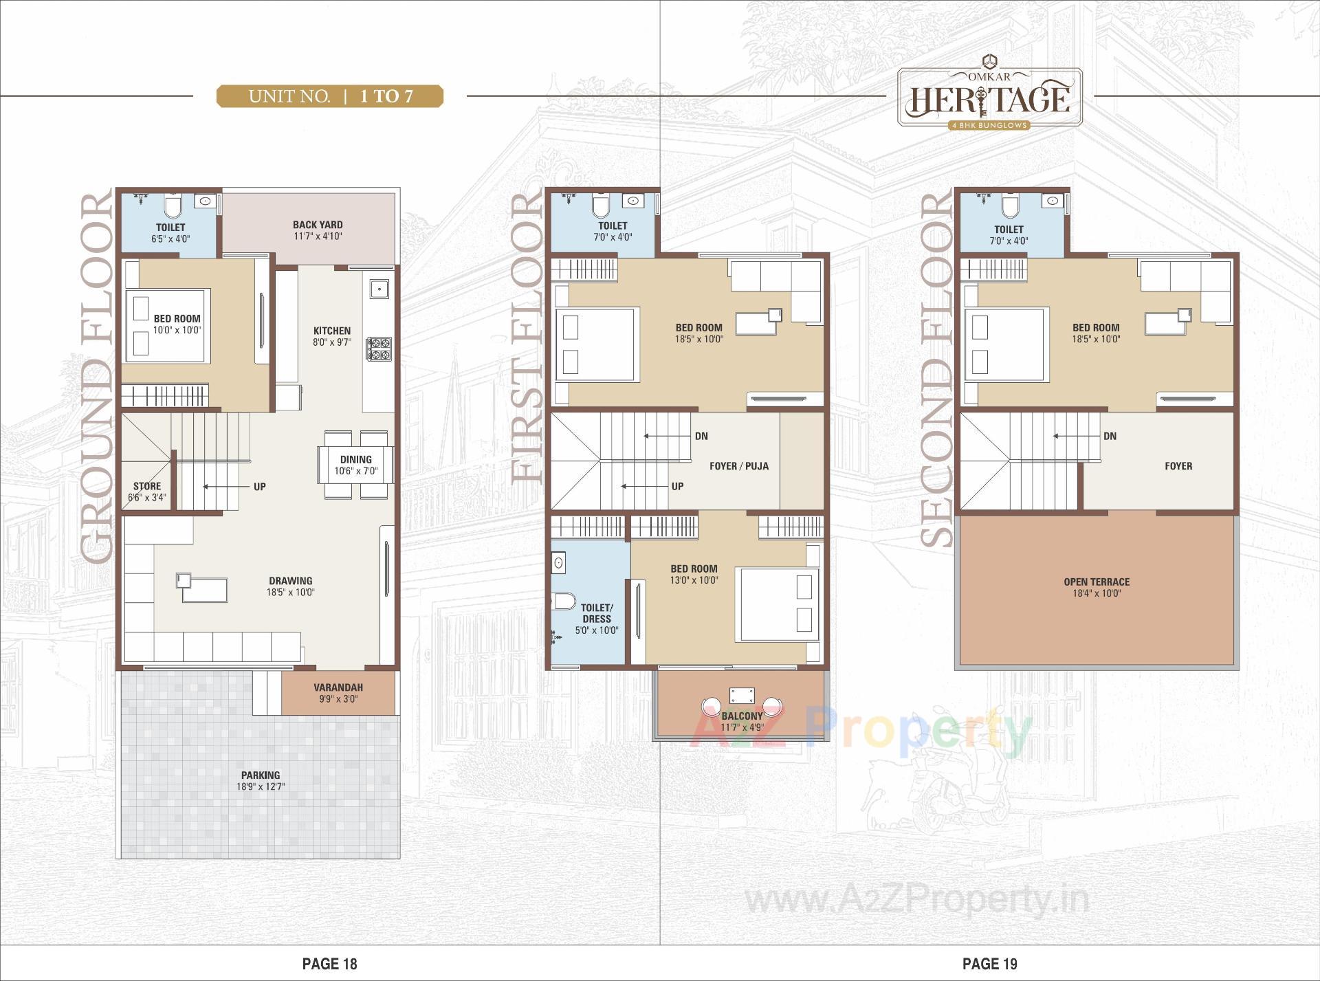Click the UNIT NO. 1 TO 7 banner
330,96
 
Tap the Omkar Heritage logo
990,98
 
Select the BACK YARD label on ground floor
317,225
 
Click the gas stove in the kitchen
378,349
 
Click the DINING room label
355,459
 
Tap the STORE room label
147,486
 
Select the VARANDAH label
338,687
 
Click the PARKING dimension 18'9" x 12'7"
261,786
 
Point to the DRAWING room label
291,581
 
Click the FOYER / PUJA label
739,466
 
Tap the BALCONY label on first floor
742,716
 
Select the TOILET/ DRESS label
596,613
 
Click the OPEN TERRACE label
1097,582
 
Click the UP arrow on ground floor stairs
226,487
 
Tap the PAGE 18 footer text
329,964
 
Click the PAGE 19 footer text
989,964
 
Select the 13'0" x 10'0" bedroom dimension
694,580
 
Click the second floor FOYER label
1178,466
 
